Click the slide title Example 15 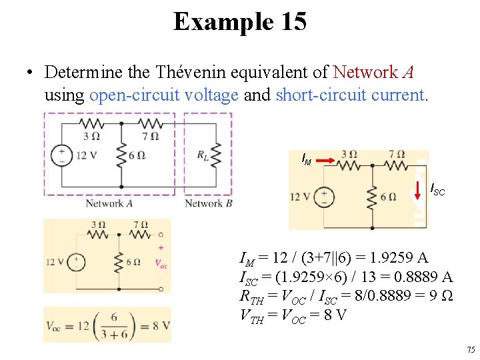(240, 21)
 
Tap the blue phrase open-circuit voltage (163, 95)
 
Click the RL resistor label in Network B (203, 155)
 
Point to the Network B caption (208, 203)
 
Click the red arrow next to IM (324, 160)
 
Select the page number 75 (471, 349)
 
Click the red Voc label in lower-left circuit (161, 263)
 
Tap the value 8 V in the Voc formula (159, 326)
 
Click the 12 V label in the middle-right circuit (299, 197)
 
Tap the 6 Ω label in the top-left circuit (135, 156)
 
